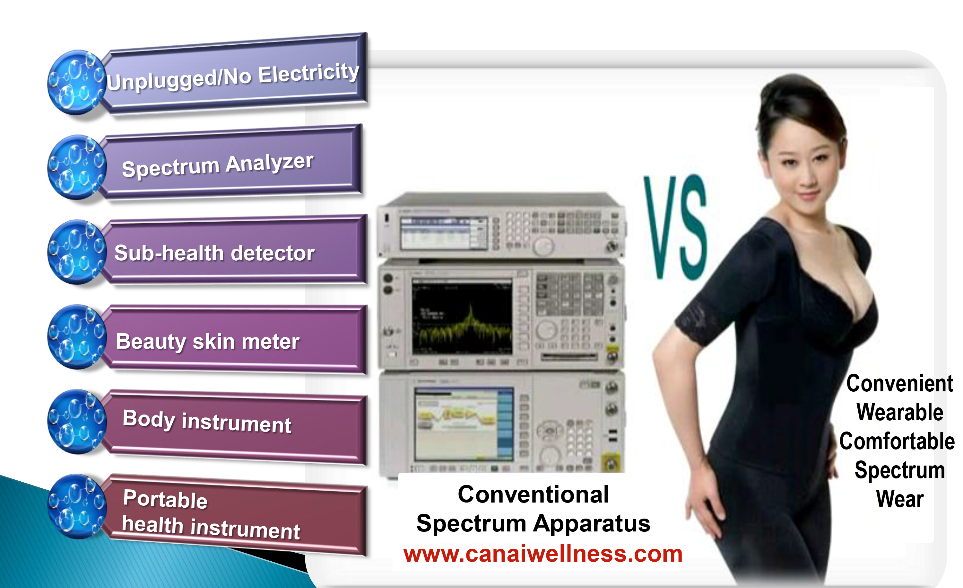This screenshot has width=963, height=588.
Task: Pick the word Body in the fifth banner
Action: pyautogui.click(x=149, y=419)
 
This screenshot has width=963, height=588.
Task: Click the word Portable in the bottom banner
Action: pyautogui.click(x=165, y=499)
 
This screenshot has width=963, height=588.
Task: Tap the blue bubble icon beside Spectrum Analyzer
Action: pyautogui.click(x=77, y=167)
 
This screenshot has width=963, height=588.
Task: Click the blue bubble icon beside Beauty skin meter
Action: pyautogui.click(x=77, y=337)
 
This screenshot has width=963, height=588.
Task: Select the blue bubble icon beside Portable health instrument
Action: pyautogui.click(x=77, y=507)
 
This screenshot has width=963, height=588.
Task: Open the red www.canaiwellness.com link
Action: pyautogui.click(x=543, y=554)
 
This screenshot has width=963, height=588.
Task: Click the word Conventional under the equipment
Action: pyautogui.click(x=534, y=494)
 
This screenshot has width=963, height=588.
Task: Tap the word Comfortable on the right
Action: pyautogui.click(x=897, y=441)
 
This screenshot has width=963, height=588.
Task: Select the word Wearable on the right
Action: pyautogui.click(x=900, y=412)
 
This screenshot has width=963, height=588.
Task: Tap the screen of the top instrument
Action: pyautogui.click(x=444, y=233)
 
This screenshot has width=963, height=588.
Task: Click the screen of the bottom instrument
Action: pyautogui.click(x=464, y=424)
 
